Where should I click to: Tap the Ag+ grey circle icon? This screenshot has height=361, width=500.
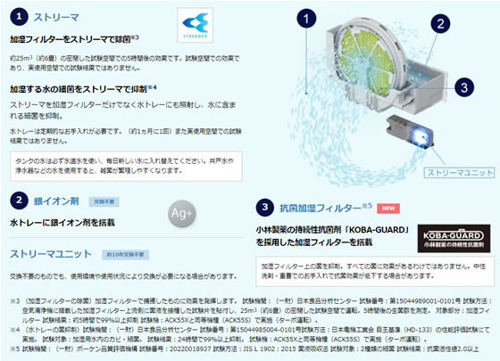point(183,213)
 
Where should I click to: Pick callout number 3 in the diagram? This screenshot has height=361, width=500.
point(462,86)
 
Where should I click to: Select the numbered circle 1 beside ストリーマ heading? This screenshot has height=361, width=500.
point(21,16)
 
